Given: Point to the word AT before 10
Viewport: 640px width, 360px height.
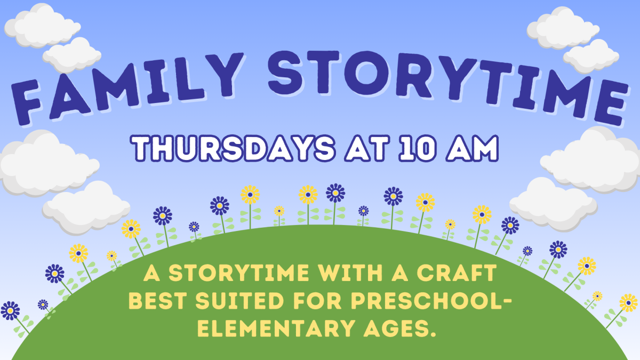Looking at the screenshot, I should [x=363, y=149].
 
